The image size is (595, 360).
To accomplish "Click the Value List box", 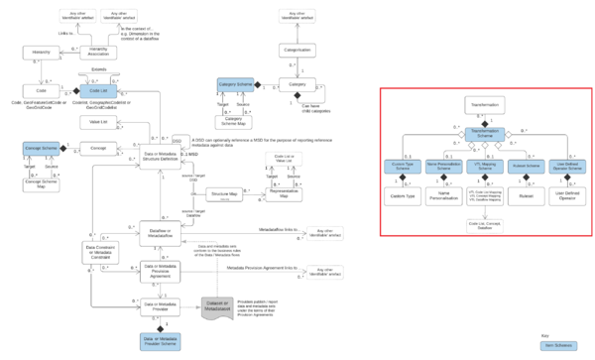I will pyautogui.click(x=98, y=121).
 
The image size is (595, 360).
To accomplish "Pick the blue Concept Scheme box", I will pyautogui.click(x=42, y=148).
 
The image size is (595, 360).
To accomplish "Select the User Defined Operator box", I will pyautogui.click(x=569, y=197).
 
